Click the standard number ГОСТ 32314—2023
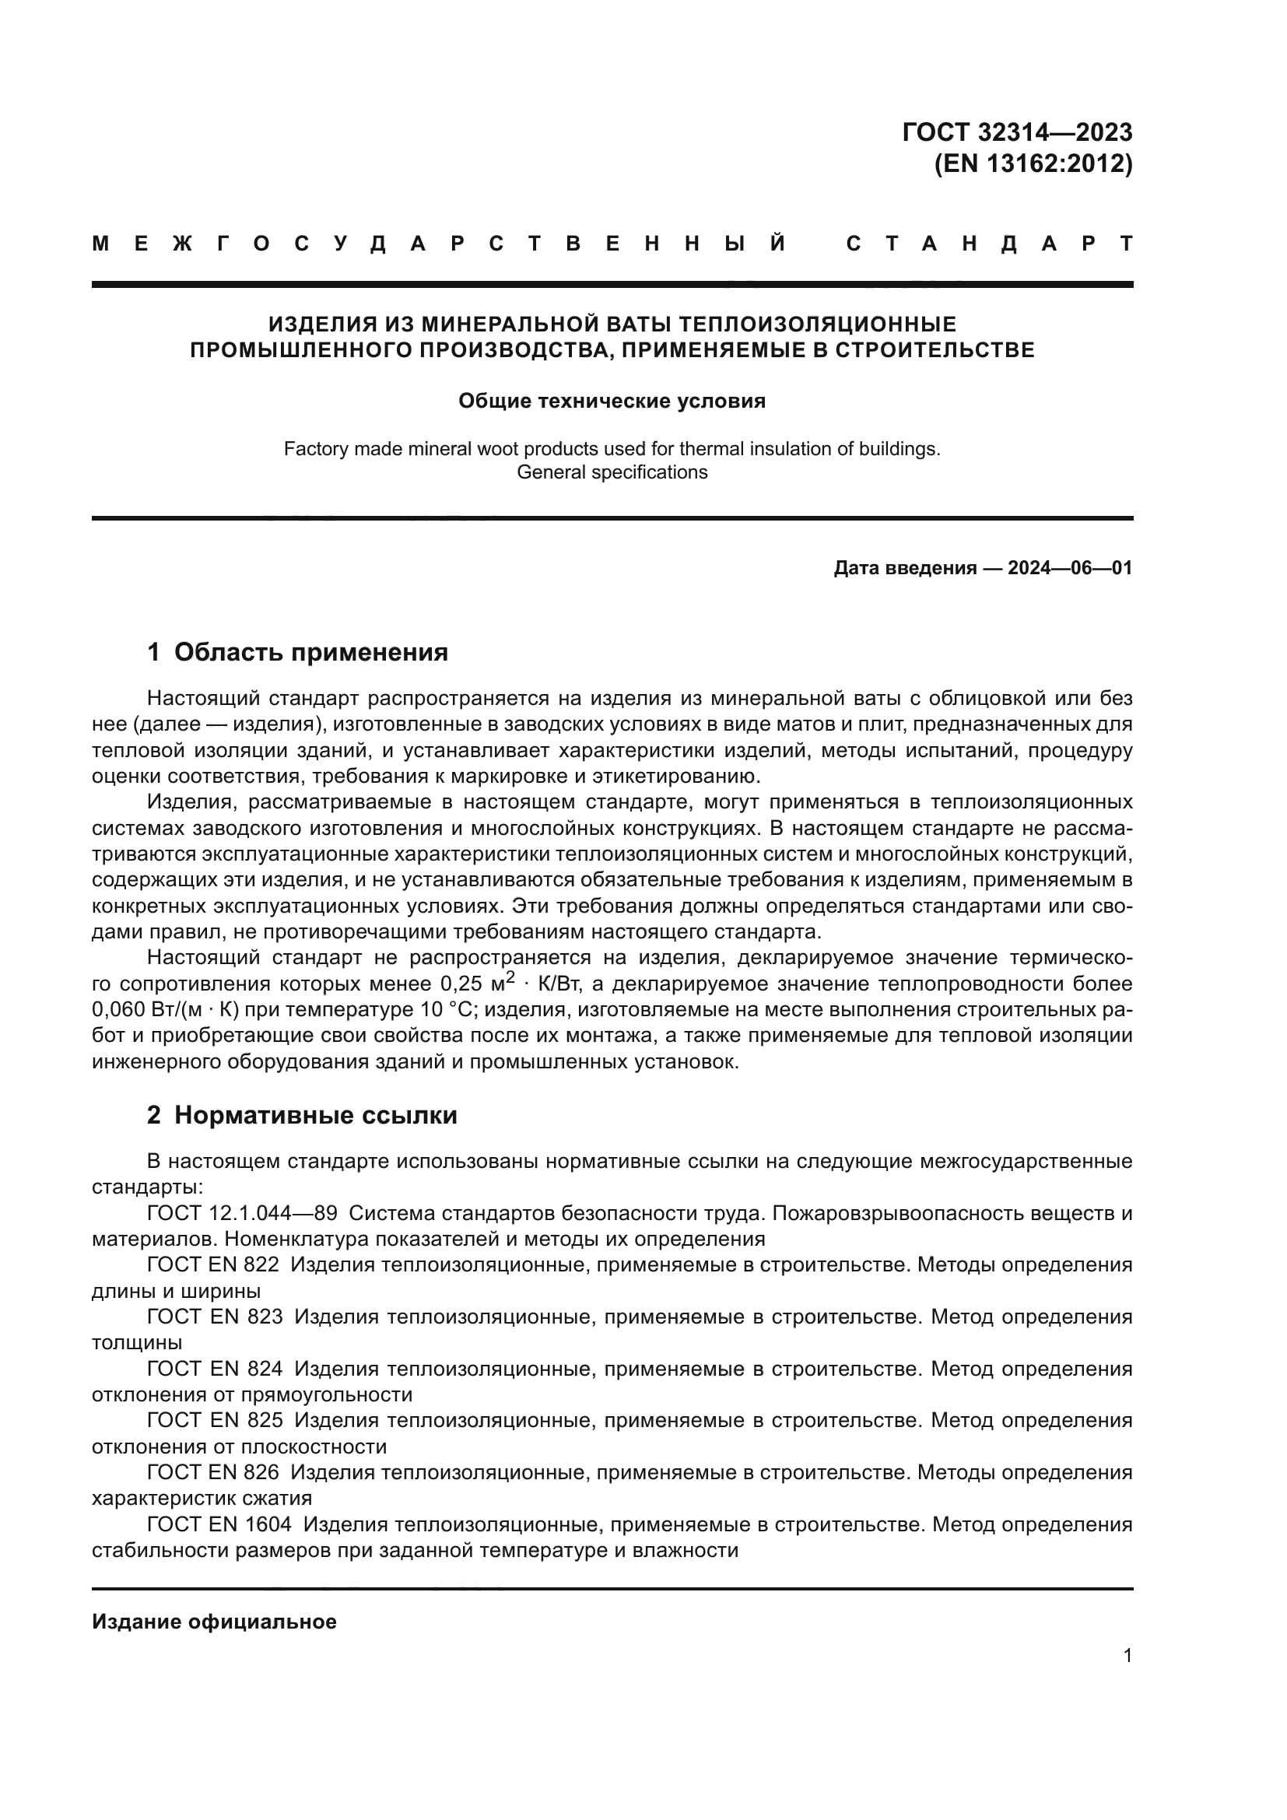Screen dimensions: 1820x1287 click(1017, 132)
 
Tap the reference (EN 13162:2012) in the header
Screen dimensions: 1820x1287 click(1033, 163)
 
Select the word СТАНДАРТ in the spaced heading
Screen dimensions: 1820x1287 click(989, 244)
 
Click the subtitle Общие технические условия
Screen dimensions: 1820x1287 click(612, 401)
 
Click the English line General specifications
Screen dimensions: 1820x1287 click(612, 472)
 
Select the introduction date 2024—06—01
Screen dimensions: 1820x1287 click(1070, 568)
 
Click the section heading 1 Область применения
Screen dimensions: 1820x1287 click(297, 652)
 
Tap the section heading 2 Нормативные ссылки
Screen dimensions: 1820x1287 click(302, 1115)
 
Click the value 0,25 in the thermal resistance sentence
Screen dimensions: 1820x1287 click(460, 984)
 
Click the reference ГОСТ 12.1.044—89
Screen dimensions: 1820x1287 click(242, 1214)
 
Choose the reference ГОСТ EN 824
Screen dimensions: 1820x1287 click(214, 1369)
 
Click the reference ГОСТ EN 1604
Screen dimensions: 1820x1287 click(219, 1524)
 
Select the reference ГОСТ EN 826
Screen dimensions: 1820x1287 click(212, 1473)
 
